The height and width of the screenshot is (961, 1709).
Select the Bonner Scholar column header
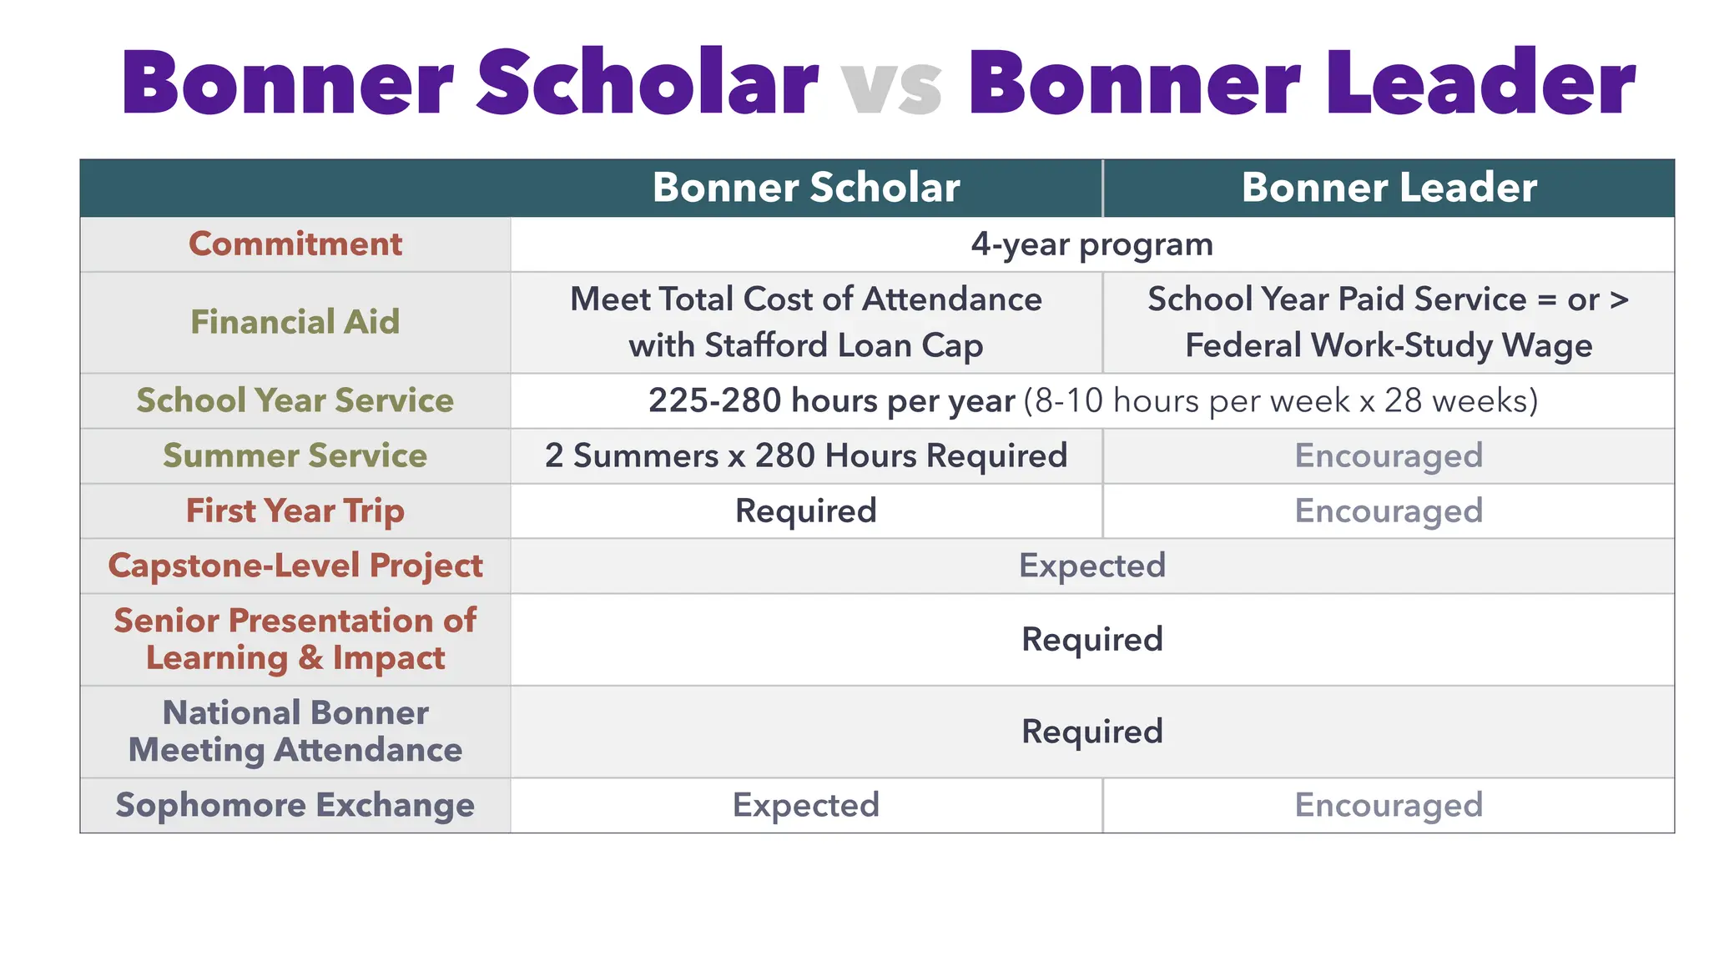[x=805, y=188]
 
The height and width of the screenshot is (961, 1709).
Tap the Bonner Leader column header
[x=1389, y=188]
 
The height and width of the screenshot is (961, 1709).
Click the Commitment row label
[x=295, y=244]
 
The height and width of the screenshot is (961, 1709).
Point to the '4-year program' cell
[x=1091, y=244]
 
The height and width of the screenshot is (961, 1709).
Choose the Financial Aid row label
[x=295, y=322]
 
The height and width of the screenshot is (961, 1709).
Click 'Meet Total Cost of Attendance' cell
[x=805, y=299]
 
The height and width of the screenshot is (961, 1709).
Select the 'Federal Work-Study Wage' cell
[x=1389, y=345]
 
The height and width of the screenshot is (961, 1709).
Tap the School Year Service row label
[x=295, y=400]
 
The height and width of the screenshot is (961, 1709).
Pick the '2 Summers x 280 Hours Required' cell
[x=805, y=455]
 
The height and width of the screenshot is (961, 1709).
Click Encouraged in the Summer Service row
[x=1389, y=455]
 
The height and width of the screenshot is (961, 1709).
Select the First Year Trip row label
[x=295, y=511]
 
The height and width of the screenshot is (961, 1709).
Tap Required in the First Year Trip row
[x=805, y=511]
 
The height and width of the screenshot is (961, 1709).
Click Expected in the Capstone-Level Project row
[x=1091, y=566]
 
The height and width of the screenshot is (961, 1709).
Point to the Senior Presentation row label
[x=295, y=639]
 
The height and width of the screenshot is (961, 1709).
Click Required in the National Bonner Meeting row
[x=1091, y=732]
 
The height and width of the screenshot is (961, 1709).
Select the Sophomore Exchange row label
[x=295, y=805]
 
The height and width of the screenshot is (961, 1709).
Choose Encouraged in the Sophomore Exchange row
[x=1389, y=805]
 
